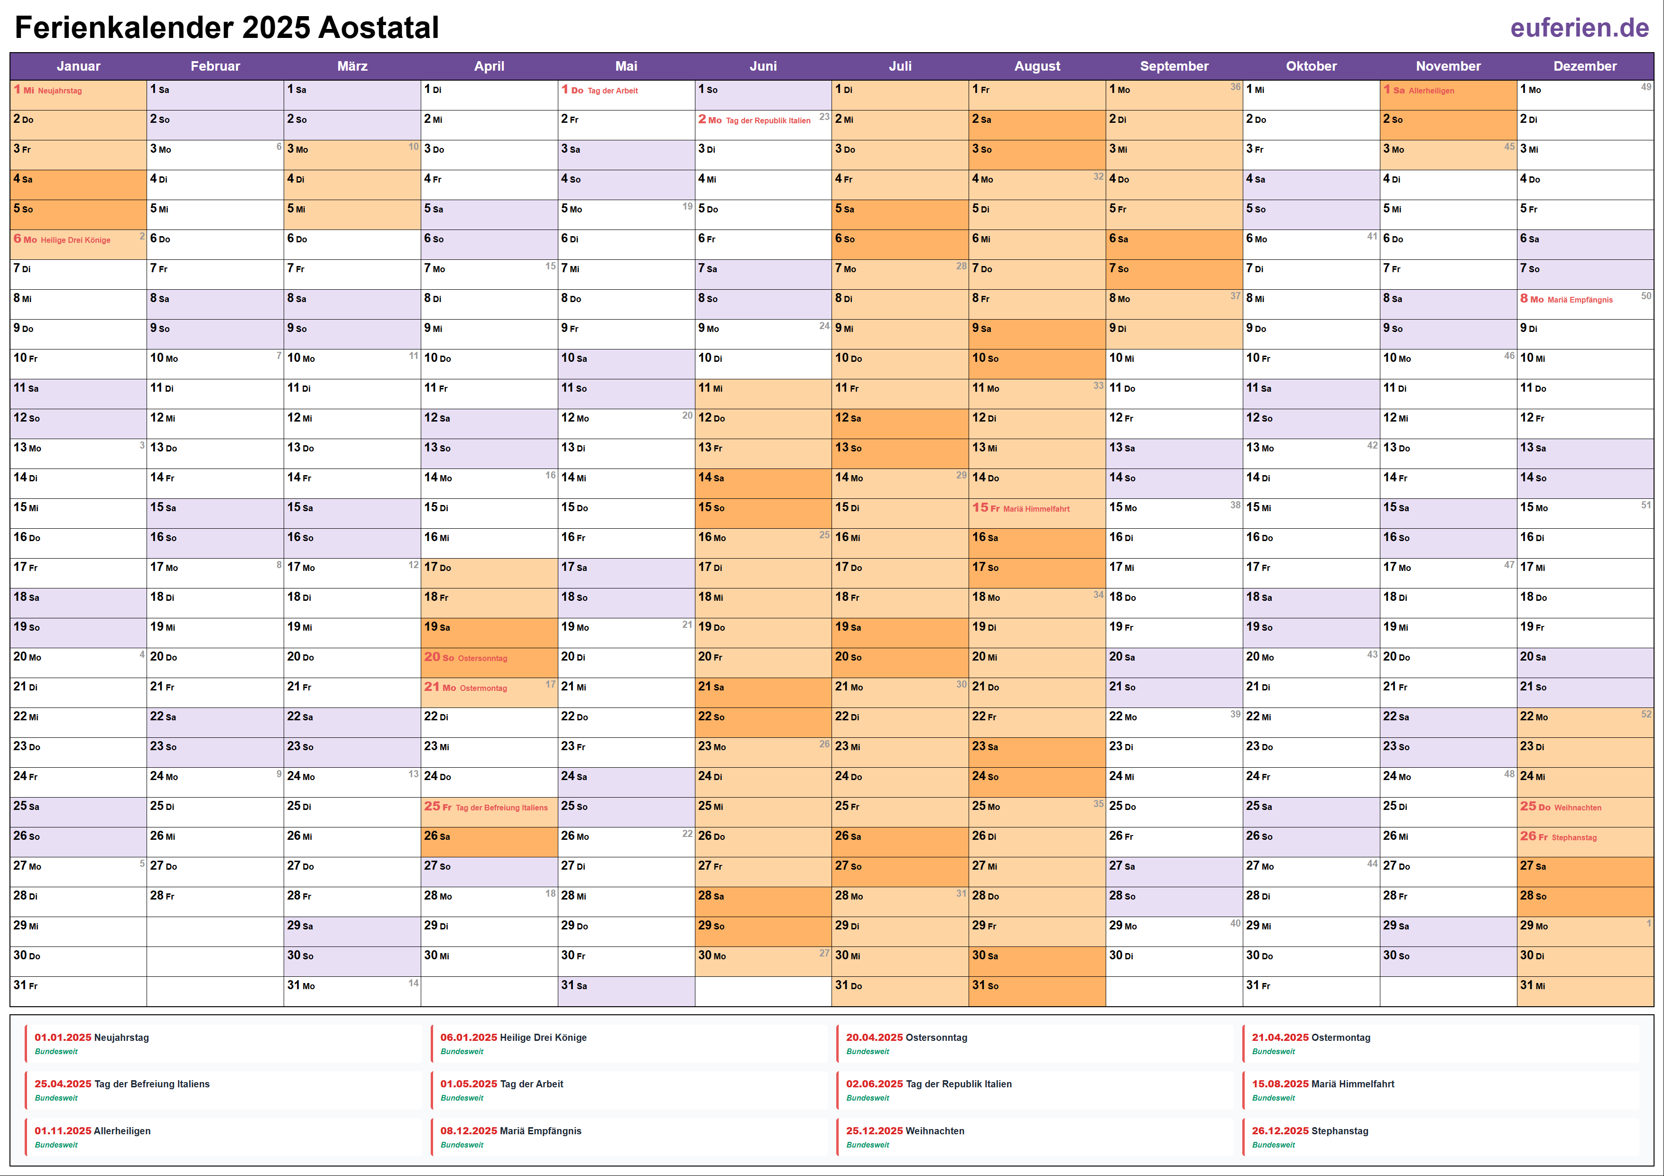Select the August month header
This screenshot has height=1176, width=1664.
click(1036, 66)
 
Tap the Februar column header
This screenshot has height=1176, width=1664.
click(215, 66)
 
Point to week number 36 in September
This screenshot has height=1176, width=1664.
click(1235, 87)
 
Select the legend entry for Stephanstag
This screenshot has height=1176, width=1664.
click(1340, 1130)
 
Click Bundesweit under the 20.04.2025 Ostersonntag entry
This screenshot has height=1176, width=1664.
click(868, 1051)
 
